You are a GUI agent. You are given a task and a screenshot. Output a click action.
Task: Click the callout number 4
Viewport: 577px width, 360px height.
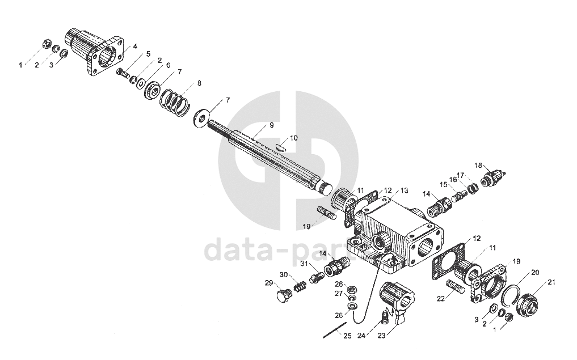pyautogui.click(x=134, y=46)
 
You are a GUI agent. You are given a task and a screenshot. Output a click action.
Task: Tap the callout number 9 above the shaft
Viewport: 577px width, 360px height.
pyautogui.click(x=271, y=125)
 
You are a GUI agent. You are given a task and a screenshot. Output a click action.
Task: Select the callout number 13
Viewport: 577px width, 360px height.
pyautogui.click(x=404, y=191)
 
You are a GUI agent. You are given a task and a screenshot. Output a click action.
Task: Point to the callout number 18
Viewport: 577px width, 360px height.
pyautogui.click(x=478, y=166)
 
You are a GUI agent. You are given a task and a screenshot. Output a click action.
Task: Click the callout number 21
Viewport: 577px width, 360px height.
pyautogui.click(x=551, y=282)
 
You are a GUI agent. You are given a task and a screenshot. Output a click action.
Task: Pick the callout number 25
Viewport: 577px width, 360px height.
pyautogui.click(x=347, y=336)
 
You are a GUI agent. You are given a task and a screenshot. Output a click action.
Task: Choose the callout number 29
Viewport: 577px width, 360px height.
pyautogui.click(x=268, y=282)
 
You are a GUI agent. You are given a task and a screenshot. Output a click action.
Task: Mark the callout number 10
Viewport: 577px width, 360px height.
pyautogui.click(x=293, y=138)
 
